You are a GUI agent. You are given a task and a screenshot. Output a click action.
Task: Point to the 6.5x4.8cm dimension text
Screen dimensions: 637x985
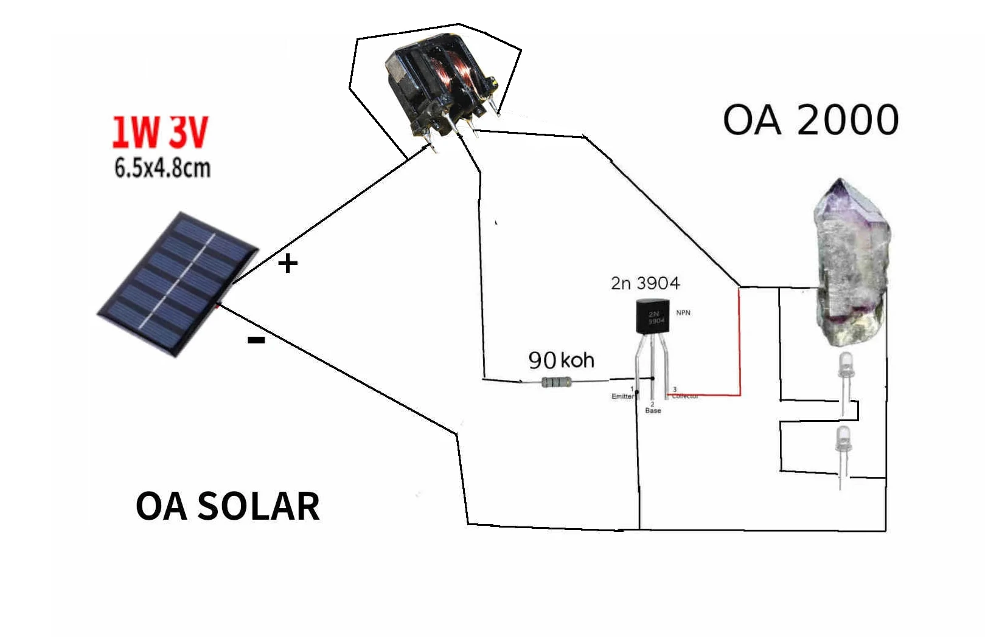click(162, 168)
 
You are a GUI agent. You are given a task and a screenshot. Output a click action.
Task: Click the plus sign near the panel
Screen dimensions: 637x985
click(288, 263)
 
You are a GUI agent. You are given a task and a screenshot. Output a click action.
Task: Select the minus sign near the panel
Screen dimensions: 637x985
click(256, 340)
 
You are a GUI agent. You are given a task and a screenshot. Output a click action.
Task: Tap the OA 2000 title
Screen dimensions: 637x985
click(810, 120)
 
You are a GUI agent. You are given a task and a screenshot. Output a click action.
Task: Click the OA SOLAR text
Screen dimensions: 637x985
click(227, 506)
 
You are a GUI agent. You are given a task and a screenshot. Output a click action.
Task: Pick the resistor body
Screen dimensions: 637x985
click(556, 382)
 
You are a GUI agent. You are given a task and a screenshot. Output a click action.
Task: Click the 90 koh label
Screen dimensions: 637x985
click(561, 360)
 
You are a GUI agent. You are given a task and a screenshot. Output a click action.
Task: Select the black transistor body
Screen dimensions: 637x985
click(652, 317)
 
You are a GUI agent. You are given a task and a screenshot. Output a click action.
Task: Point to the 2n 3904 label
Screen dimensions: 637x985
click(645, 283)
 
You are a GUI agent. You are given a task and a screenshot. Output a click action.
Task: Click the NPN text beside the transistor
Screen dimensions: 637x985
click(683, 312)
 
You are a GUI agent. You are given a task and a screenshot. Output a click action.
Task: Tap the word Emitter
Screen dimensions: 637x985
click(622, 396)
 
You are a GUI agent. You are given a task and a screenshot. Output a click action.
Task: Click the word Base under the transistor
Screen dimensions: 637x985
click(653, 411)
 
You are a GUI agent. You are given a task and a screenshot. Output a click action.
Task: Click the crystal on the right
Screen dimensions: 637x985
click(852, 267)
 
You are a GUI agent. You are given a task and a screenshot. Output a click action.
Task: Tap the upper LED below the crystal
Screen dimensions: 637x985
click(845, 366)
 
